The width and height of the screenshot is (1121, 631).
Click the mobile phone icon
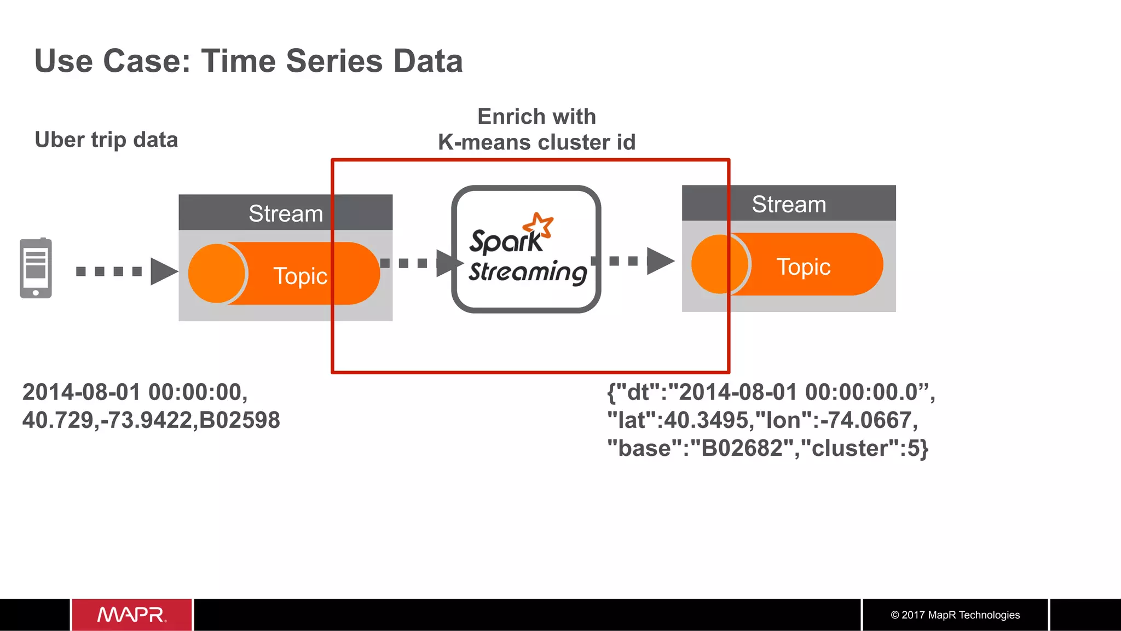point(36,268)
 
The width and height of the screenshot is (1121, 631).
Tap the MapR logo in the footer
point(132,615)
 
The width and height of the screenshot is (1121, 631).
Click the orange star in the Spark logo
point(538,225)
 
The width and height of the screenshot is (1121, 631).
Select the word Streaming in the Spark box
point(528,272)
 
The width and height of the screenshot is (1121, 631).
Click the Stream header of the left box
point(285,213)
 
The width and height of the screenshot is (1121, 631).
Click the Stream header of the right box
point(788,204)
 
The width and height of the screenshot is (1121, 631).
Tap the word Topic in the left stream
point(300,276)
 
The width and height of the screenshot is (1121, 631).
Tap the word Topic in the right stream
point(803,267)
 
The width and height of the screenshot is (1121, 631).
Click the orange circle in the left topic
point(217,274)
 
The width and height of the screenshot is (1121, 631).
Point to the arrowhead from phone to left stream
point(163,271)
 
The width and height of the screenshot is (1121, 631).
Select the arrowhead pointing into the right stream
point(660,261)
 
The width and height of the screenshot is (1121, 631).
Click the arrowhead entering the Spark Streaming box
point(448,263)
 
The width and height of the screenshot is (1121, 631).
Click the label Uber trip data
point(106,140)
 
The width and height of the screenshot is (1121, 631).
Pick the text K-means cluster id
point(536,142)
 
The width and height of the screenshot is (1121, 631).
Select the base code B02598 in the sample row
point(239,420)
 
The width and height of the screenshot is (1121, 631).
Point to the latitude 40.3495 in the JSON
point(706,420)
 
